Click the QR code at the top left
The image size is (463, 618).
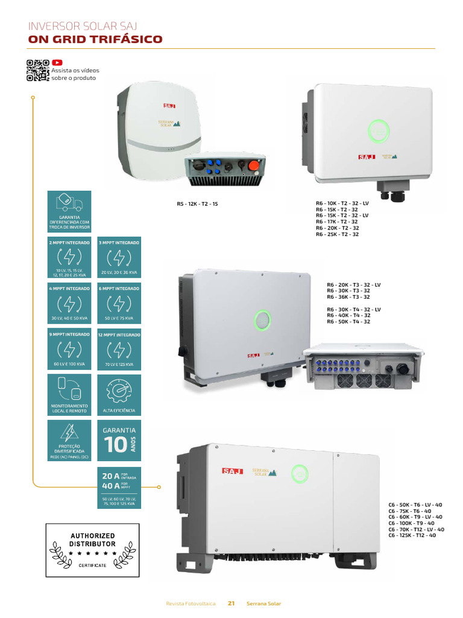tap(37, 71)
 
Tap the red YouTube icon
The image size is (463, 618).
tap(57, 62)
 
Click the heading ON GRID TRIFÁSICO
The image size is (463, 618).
tap(95, 40)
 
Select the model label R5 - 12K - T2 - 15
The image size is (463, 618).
tap(197, 204)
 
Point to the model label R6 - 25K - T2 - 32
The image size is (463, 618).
tap(337, 234)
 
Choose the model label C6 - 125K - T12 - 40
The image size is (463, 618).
tap(412, 535)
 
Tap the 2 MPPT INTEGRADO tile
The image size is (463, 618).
tap(69, 258)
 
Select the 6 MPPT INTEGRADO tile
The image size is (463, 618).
tap(119, 304)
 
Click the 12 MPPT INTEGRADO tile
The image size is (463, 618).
tap(119, 350)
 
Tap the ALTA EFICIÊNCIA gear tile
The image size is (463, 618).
tap(119, 395)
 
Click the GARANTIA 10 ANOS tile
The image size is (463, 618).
tap(119, 441)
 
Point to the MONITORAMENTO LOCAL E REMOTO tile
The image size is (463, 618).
tap(69, 395)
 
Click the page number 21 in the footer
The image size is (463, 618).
tap(231, 604)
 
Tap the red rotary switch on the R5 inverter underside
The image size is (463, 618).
tap(254, 165)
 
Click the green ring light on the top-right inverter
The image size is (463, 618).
tap(379, 130)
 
